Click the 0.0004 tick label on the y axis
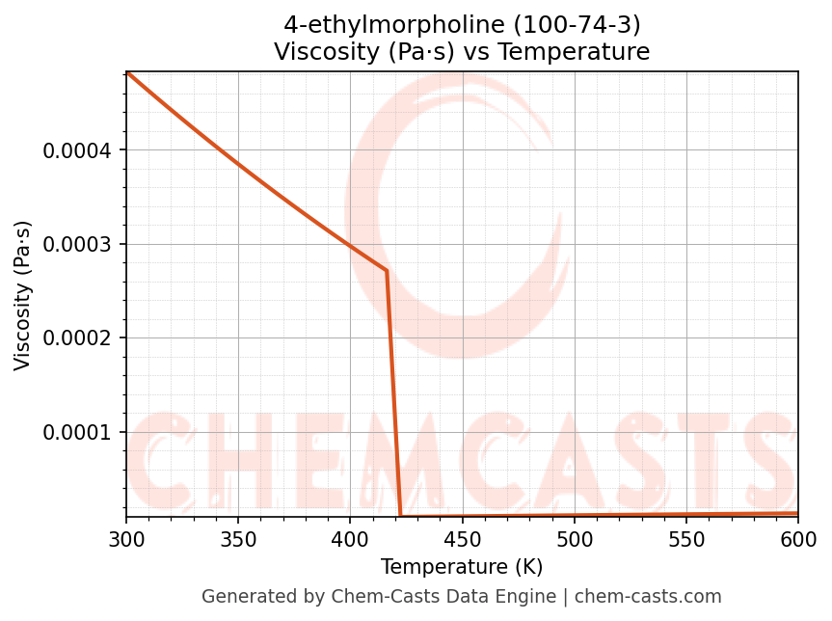click(78, 150)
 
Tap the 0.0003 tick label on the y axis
click(78, 244)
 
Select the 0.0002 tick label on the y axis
click(78, 338)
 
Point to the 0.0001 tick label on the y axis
click(78, 432)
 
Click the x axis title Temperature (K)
click(462, 566)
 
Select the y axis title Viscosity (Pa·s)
click(23, 295)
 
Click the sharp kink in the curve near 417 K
click(387, 270)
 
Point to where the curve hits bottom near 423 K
click(401, 516)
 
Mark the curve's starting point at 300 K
click(127, 72)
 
